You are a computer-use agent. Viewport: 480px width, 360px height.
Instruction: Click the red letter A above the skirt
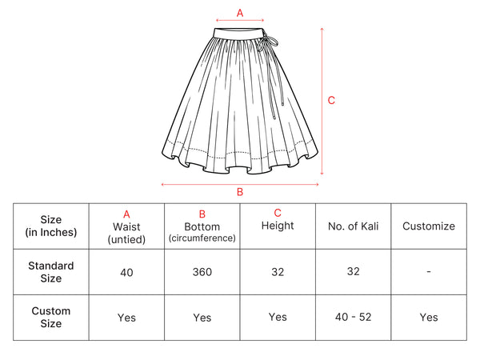[x=240, y=13]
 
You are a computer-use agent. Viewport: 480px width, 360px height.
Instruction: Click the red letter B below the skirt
[x=240, y=192]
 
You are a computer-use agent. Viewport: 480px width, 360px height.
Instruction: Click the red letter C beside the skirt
[x=331, y=101]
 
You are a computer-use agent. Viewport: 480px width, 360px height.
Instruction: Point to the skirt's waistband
[x=238, y=33]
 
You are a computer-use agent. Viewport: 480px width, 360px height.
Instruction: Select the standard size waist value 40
[x=126, y=272]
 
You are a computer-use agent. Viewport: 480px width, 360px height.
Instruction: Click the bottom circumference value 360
[x=202, y=272]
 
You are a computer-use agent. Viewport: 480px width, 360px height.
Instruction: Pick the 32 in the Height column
[x=278, y=272]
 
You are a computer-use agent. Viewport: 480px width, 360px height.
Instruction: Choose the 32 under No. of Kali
[x=354, y=271]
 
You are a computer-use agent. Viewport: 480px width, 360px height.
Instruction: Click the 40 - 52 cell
[x=354, y=317]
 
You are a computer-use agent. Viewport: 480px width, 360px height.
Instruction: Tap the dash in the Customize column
[x=429, y=271]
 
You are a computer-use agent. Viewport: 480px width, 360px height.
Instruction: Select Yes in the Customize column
[x=429, y=317]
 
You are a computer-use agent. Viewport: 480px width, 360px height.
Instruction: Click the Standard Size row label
[x=51, y=272]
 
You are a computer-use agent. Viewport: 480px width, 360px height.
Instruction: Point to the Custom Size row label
[x=51, y=317]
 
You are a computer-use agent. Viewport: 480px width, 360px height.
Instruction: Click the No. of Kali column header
[x=354, y=226]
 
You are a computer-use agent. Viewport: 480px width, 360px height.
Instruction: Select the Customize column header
[x=429, y=226]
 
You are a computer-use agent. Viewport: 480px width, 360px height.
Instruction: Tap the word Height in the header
[x=278, y=226]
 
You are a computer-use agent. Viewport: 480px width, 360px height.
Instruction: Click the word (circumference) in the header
[x=202, y=238]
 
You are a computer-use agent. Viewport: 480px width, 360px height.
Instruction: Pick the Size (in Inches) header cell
[x=51, y=226]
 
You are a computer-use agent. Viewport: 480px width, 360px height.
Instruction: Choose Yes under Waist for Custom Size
[x=126, y=318]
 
